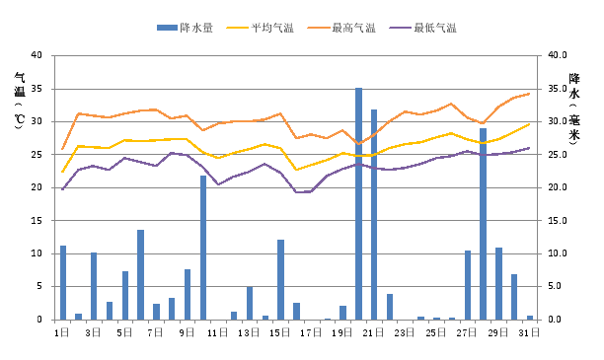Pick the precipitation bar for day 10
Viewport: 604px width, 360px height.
[203, 248]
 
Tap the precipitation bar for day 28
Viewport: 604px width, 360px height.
[483, 224]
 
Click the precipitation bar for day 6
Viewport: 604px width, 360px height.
[141, 274]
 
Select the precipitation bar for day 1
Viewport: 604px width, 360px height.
[63, 282]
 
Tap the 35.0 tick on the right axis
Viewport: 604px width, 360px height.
[559, 89]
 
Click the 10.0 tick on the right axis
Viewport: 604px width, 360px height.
[559, 253]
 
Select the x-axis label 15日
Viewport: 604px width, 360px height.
[280, 333]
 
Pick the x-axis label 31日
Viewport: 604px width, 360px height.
[529, 333]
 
